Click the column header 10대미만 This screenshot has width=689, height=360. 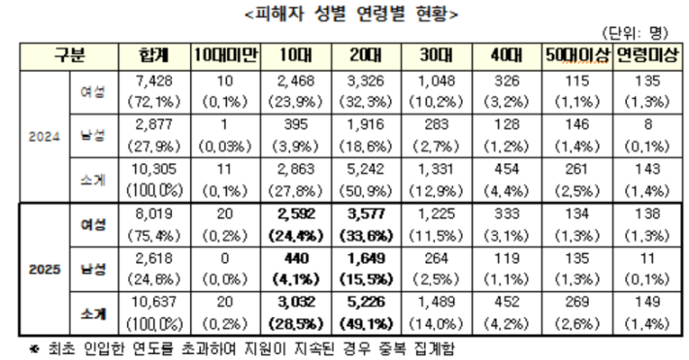[x=222, y=56]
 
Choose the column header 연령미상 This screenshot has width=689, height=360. [x=647, y=56]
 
